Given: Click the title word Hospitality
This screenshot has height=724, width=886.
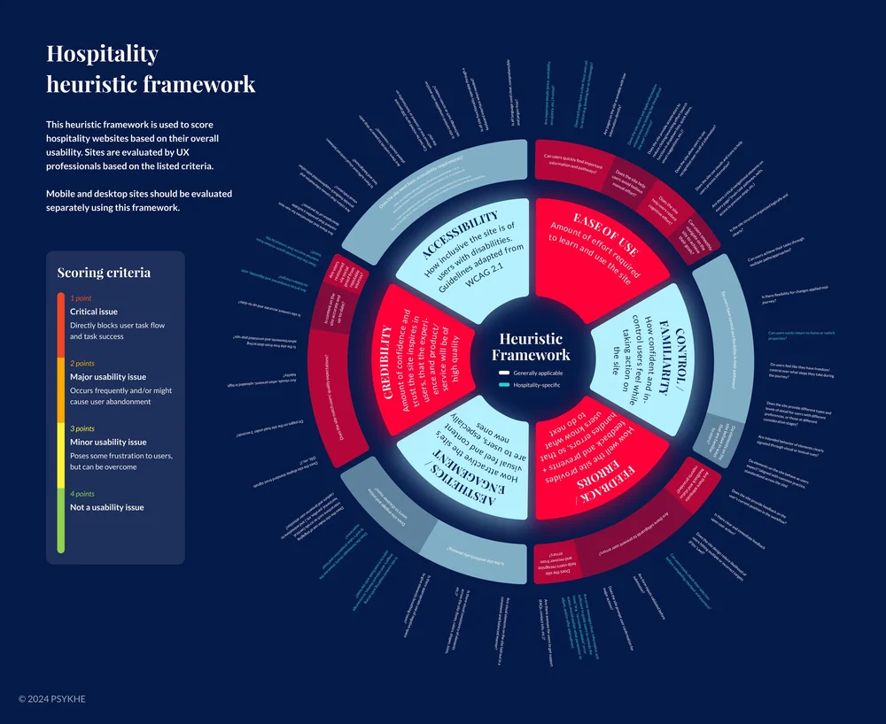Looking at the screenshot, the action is click(x=102, y=54).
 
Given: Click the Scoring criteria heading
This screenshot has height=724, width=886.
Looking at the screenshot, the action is click(x=104, y=273).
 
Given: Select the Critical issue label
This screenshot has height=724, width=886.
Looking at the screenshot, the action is click(x=94, y=312).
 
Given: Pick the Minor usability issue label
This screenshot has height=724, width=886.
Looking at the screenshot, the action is click(x=108, y=442).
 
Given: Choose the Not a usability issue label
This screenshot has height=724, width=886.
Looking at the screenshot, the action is click(x=106, y=507).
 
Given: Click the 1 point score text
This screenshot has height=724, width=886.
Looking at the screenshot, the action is click(x=81, y=298).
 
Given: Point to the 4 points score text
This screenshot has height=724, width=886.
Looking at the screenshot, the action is click(x=82, y=494).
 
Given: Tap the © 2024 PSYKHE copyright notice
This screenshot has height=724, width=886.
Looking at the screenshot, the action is click(x=52, y=699).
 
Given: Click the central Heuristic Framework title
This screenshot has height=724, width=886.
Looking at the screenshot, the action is click(x=531, y=346).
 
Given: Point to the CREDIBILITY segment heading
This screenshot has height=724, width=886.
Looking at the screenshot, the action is click(x=386, y=362).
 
